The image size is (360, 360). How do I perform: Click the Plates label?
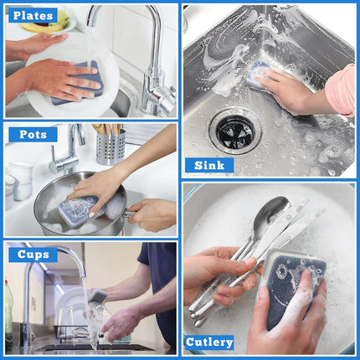tap(33, 15)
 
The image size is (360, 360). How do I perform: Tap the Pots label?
tap(33, 135)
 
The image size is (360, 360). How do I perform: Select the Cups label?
tap(33, 255)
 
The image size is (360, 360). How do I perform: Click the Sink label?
tap(209, 165)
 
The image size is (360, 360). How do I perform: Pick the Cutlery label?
tap(209, 342)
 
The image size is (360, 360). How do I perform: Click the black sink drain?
tap(236, 131)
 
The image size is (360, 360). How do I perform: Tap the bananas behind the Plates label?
tap(48, 23)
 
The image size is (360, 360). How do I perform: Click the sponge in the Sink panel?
tap(258, 74)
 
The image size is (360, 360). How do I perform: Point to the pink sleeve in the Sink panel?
tap(342, 90)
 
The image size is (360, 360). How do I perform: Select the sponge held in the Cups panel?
tap(98, 296)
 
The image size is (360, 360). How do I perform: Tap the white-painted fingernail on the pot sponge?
tap(91, 215)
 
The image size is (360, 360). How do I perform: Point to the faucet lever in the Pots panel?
tap(53, 157)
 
